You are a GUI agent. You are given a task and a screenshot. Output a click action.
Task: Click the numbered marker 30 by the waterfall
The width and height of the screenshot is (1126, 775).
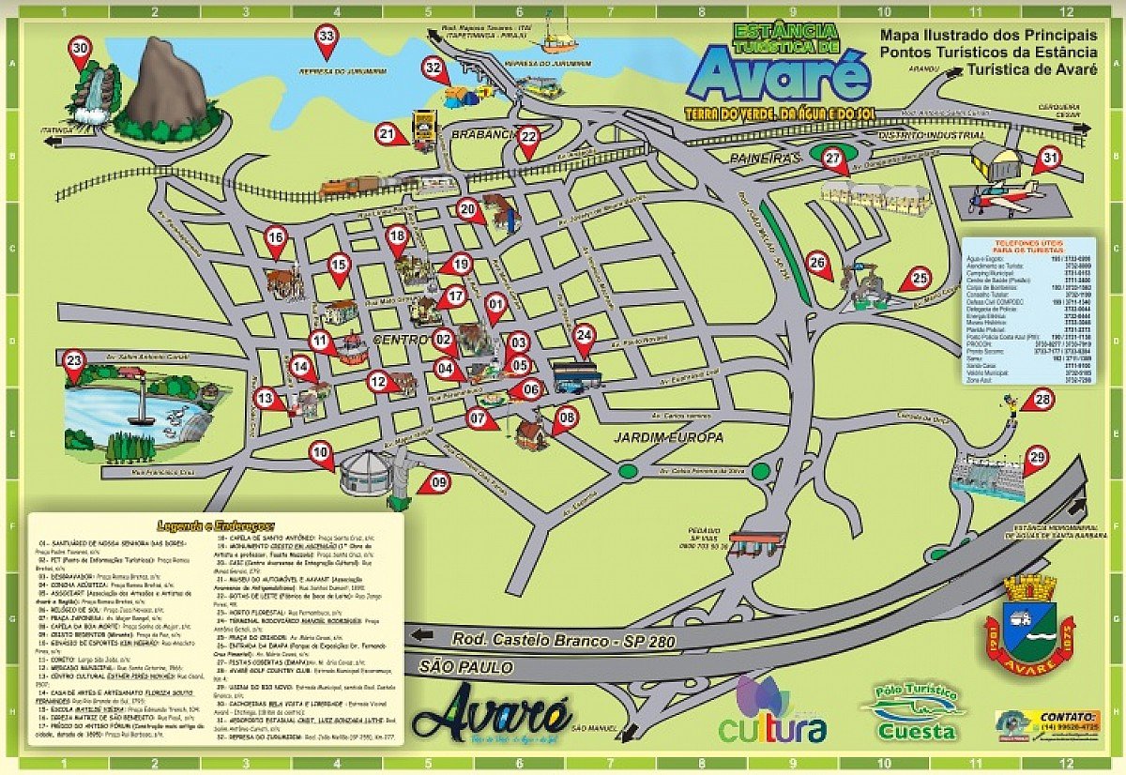click(x=81, y=51)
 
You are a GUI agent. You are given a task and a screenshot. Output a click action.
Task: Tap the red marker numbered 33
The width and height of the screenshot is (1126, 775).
click(x=327, y=38)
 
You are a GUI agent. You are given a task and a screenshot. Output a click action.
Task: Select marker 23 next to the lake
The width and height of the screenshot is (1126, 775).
click(x=74, y=360)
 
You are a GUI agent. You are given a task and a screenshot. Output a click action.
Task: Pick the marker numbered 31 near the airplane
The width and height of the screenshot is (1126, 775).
click(x=1048, y=160)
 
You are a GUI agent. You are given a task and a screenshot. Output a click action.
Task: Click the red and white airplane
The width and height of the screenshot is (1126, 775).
click(x=1004, y=196)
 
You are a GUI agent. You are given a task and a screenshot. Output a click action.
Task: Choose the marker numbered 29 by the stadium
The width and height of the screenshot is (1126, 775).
click(x=1036, y=458)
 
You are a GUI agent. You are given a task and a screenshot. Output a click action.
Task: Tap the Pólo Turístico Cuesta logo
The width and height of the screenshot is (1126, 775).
click(x=914, y=712)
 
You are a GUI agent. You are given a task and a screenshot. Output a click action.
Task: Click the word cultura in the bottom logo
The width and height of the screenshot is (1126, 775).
click(x=772, y=727)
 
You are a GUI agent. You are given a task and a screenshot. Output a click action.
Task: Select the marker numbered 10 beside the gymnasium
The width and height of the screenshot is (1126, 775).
click(x=322, y=454)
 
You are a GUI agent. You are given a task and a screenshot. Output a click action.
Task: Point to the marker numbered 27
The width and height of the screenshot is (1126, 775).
click(x=832, y=159)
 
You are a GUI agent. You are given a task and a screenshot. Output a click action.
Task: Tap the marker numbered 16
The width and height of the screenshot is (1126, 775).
click(x=275, y=238)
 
